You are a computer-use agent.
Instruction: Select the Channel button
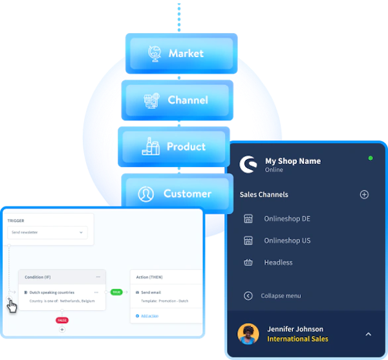[177, 100]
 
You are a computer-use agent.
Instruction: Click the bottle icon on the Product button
[151, 147]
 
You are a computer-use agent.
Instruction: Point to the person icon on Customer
[145, 194]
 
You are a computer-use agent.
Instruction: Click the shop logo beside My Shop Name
[248, 165]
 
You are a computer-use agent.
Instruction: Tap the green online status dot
[371, 158]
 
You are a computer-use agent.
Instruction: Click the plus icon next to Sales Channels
[364, 194]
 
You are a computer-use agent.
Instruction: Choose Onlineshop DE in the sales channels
[287, 219]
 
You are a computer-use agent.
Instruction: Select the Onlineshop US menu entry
[287, 241]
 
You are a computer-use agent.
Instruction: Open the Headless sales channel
[278, 263]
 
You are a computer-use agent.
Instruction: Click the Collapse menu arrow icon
[248, 296]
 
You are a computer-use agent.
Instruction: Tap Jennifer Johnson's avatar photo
[248, 334]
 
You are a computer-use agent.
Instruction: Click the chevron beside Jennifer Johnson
[368, 334]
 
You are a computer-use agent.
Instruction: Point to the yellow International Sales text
[297, 339]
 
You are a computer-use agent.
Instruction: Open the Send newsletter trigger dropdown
[47, 232]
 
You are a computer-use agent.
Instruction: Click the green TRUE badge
[116, 292]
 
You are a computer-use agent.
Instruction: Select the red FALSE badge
[62, 320]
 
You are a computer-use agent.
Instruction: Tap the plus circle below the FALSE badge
[62, 330]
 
